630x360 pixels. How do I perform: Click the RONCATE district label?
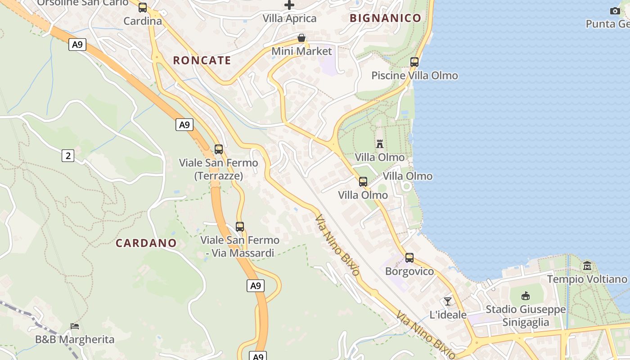[202, 60]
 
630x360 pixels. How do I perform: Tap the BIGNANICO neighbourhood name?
[385, 18]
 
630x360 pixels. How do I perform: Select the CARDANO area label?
[146, 243]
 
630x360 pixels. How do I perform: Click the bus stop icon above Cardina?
[143, 8]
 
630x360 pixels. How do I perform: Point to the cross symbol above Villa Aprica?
[289, 5]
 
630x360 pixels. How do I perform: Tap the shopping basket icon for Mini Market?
[301, 38]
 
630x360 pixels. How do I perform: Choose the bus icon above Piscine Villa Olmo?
[414, 62]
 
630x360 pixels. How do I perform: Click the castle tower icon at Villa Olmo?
[380, 144]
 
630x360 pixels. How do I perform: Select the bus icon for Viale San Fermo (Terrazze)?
[219, 149]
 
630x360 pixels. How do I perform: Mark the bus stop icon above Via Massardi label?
[240, 227]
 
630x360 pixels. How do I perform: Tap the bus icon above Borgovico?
[409, 258]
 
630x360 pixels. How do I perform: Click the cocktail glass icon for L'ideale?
[448, 301]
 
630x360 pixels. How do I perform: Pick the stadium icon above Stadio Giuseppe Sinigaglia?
[526, 296]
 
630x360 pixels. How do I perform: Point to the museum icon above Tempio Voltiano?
[587, 266]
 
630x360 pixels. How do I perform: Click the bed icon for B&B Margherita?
[75, 326]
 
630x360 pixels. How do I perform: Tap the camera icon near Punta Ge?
[615, 11]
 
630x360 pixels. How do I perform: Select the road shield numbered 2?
[68, 156]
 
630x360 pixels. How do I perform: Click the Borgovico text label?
[409, 271]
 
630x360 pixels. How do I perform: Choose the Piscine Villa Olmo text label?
[414, 76]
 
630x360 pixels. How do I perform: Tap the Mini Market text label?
[301, 51]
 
